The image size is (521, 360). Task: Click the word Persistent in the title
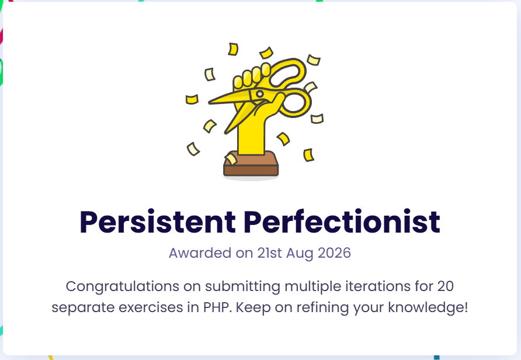tap(158, 222)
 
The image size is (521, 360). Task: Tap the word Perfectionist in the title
tap(342, 221)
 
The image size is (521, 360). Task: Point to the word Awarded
tap(200, 253)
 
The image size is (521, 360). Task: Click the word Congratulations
tap(122, 286)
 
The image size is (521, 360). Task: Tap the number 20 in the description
tap(445, 286)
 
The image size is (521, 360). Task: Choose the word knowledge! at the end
tap(428, 307)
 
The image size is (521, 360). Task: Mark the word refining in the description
tap(322, 307)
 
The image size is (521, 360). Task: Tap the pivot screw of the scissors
tap(259, 94)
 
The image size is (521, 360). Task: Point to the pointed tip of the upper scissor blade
tap(210, 102)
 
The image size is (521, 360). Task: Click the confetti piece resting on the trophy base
tap(231, 159)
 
